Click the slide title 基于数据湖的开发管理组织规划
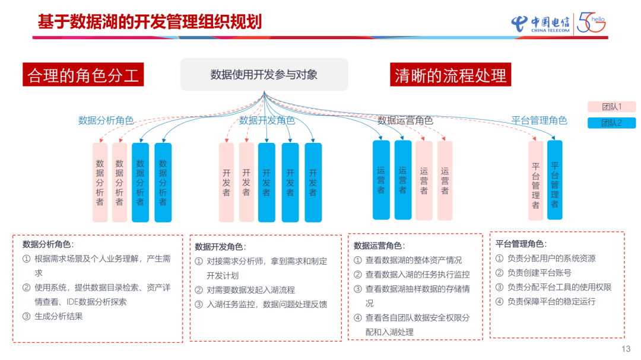point(150,22)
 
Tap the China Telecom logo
point(540,23)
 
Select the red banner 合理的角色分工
point(83,75)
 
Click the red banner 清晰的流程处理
point(450,75)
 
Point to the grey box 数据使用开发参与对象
point(264,75)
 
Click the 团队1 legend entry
point(611,107)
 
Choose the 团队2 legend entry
point(611,123)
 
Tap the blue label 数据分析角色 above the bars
point(106,120)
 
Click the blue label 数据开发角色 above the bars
point(266,120)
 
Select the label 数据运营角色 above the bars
point(405,120)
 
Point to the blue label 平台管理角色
point(539,120)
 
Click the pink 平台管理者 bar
point(535,181)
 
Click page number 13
point(626,349)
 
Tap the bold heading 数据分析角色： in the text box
point(48,244)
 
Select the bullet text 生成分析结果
point(58,316)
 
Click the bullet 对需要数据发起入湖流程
point(250,290)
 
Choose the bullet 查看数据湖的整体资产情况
point(413,260)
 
